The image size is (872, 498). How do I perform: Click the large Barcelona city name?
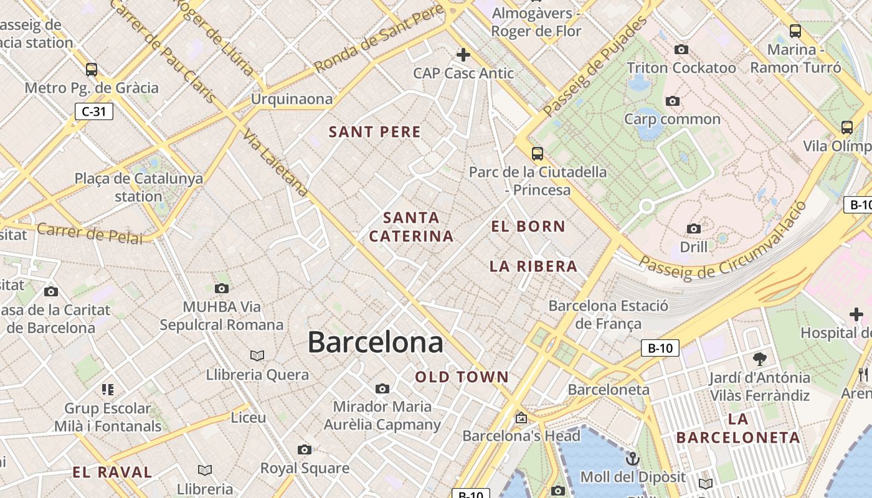(376, 342)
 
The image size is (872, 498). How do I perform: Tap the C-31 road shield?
(93, 111)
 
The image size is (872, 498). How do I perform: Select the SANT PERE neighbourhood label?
(375, 132)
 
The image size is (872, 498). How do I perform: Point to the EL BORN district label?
(528, 227)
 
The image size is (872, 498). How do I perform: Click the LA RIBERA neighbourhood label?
(533, 266)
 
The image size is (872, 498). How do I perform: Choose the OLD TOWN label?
(462, 377)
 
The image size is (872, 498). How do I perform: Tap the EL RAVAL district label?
(112, 472)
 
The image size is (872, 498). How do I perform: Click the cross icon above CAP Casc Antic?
(463, 55)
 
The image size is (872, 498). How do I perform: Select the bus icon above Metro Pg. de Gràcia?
(92, 69)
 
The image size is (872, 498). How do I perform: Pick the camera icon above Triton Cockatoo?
(681, 50)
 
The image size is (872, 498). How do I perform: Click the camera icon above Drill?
(693, 229)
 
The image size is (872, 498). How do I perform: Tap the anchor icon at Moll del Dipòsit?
(632, 459)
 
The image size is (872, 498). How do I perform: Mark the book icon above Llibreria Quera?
(257, 355)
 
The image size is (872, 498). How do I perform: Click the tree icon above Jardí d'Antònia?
(759, 359)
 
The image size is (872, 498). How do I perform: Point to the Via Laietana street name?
(276, 163)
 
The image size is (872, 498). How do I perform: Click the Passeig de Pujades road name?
(595, 67)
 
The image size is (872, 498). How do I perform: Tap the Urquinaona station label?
(291, 100)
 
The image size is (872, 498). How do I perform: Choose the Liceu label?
(248, 418)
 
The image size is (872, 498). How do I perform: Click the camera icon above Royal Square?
(304, 449)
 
